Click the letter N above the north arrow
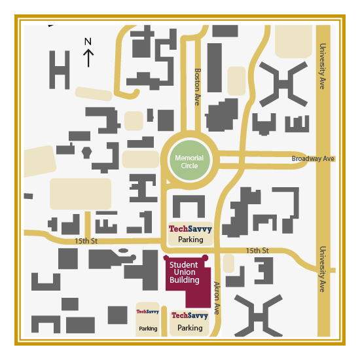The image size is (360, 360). tap(88, 42)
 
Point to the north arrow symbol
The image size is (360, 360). tap(88, 58)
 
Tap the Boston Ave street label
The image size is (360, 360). tap(197, 86)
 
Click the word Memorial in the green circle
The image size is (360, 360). tap(189, 158)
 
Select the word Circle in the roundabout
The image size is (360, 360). tap(189, 166)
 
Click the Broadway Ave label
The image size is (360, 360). tap(313, 159)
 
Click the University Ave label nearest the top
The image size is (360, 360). tap(323, 66)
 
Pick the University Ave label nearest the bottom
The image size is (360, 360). tap(323, 269)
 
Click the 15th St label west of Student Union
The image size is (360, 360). tap(85, 241)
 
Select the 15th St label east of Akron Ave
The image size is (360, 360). tap(257, 251)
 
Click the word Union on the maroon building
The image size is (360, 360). tap(184, 272)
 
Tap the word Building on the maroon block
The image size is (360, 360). tap(184, 280)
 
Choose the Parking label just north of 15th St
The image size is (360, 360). tap(190, 240)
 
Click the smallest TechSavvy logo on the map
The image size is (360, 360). tap(148, 312)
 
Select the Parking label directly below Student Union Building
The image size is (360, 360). tap(190, 327)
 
